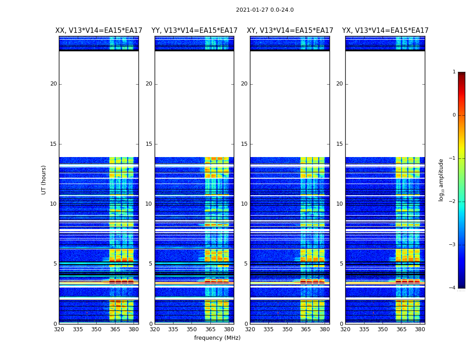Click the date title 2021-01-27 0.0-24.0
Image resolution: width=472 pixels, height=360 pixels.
[x=265, y=10]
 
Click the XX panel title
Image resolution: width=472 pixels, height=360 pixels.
[x=99, y=31]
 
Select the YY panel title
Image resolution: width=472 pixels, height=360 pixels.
[x=194, y=31]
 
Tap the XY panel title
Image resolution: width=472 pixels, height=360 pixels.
[x=290, y=31]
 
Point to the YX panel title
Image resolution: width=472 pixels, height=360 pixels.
[x=385, y=31]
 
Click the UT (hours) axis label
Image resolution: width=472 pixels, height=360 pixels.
[x=44, y=180]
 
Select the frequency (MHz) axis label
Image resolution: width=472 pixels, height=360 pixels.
[x=217, y=338]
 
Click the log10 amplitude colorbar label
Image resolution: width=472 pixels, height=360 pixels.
[x=441, y=180]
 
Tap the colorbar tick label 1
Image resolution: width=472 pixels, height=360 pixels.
[x=454, y=72]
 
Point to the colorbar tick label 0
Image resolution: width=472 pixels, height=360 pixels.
[x=454, y=115]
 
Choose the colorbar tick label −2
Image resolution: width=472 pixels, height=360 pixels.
[x=453, y=202]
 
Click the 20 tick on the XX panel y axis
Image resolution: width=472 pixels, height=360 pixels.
[x=53, y=84]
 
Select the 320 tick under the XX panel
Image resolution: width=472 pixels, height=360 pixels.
[x=59, y=329]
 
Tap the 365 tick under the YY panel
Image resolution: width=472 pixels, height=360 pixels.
[x=210, y=329]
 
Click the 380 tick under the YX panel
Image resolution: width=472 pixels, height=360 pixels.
[x=420, y=329]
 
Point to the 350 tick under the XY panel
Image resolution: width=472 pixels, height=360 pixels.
[x=287, y=329]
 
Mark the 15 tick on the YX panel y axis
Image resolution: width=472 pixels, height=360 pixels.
[x=340, y=144]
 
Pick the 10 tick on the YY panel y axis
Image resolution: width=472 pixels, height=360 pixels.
[x=149, y=204]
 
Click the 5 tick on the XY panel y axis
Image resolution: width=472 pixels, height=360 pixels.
[x=246, y=264]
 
